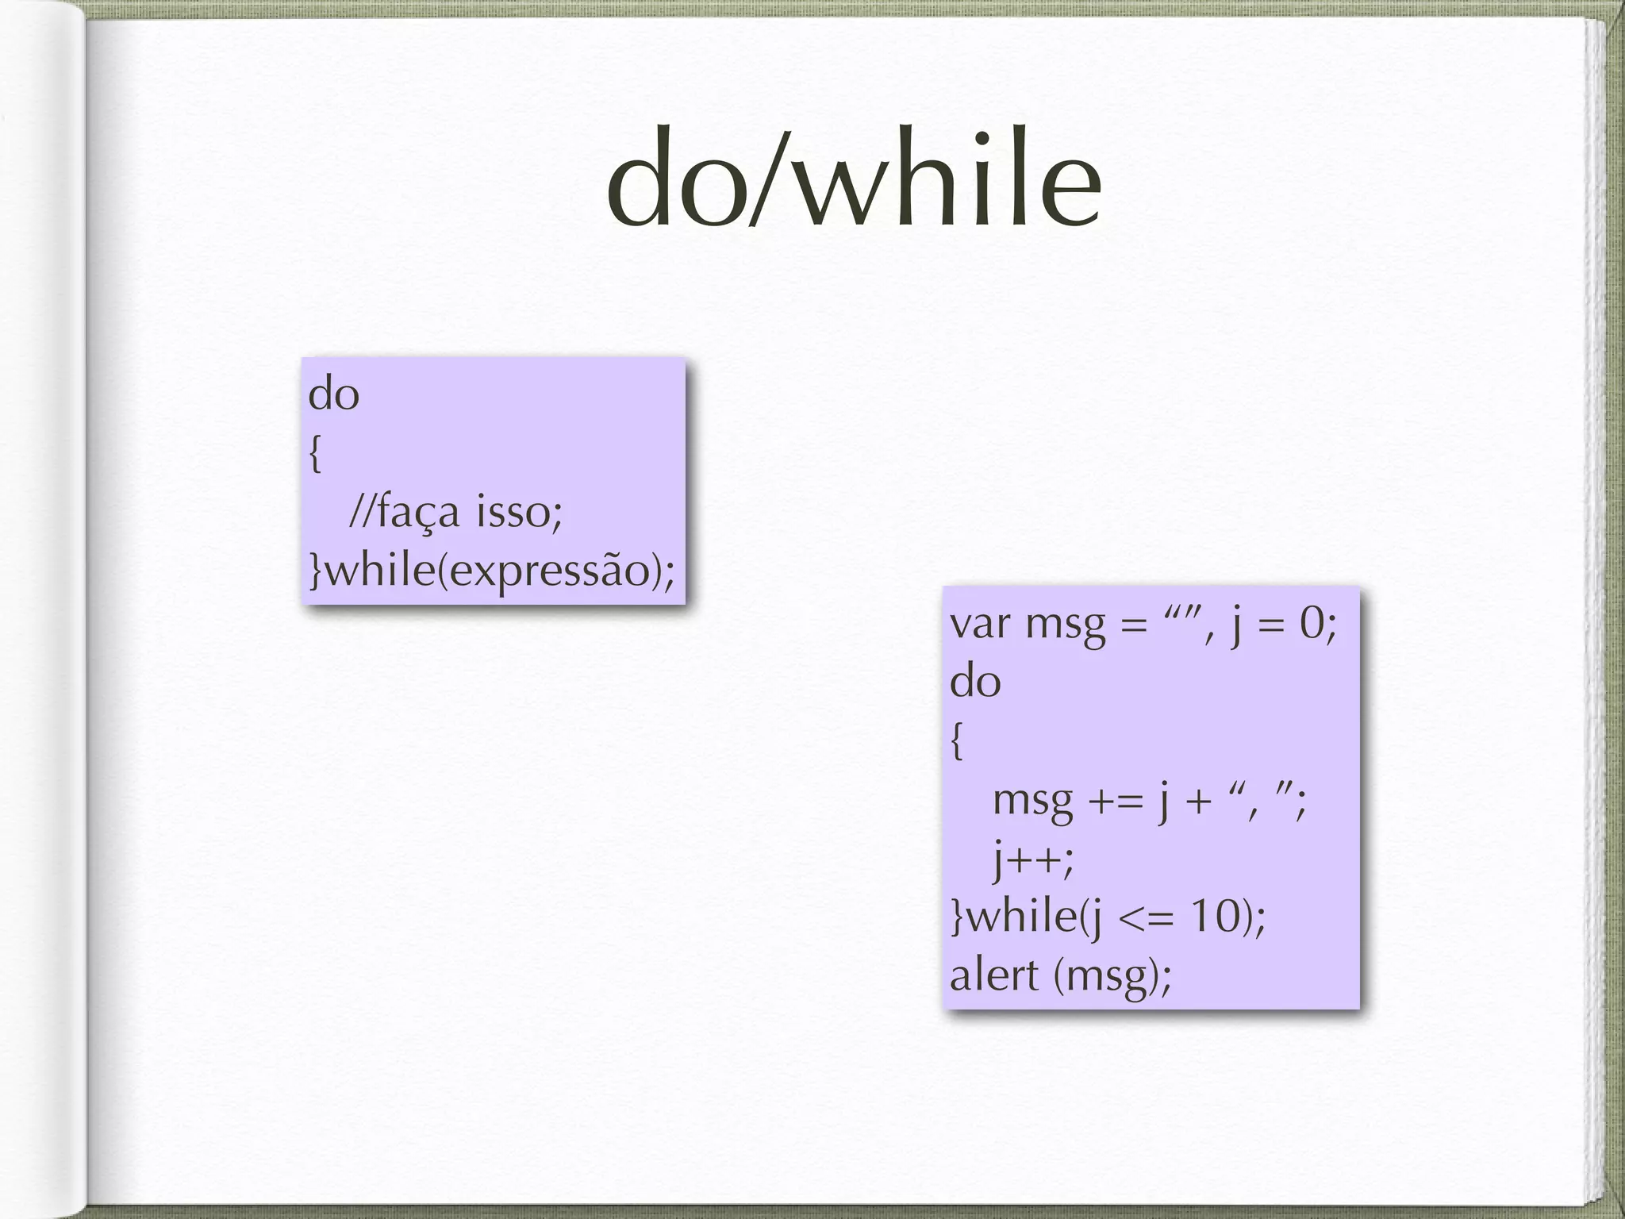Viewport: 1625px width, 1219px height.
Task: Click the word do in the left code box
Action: coord(334,394)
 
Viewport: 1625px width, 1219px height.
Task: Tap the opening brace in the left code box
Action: coord(315,454)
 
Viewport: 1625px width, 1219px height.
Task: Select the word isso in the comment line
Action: coord(519,511)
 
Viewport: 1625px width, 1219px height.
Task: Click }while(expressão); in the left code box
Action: coord(492,571)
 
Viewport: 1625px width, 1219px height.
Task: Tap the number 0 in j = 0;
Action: coord(1313,624)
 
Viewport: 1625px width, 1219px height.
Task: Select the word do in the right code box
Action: coord(975,682)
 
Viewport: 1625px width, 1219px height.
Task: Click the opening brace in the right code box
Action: coord(957,741)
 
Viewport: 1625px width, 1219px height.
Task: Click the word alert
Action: coord(994,975)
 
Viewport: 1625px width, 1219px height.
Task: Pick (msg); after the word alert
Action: coord(1112,977)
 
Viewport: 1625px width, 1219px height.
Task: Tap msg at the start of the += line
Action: coord(1033,802)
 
